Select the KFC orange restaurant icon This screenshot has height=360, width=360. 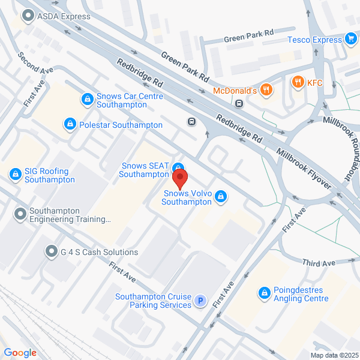tap(296, 82)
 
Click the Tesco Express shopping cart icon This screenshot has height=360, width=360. tap(351, 40)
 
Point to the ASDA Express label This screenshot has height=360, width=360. tap(63, 16)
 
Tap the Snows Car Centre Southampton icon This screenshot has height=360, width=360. tap(87, 97)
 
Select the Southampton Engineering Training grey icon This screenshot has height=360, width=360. tap(21, 213)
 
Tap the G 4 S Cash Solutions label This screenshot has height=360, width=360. tap(99, 252)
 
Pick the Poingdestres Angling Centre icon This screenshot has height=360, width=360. tap(263, 293)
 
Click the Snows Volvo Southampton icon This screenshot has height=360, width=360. tap(221, 196)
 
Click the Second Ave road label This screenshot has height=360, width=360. tap(36, 62)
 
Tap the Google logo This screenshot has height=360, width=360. tap(20, 353)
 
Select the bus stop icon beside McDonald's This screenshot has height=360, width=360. tap(239, 103)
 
